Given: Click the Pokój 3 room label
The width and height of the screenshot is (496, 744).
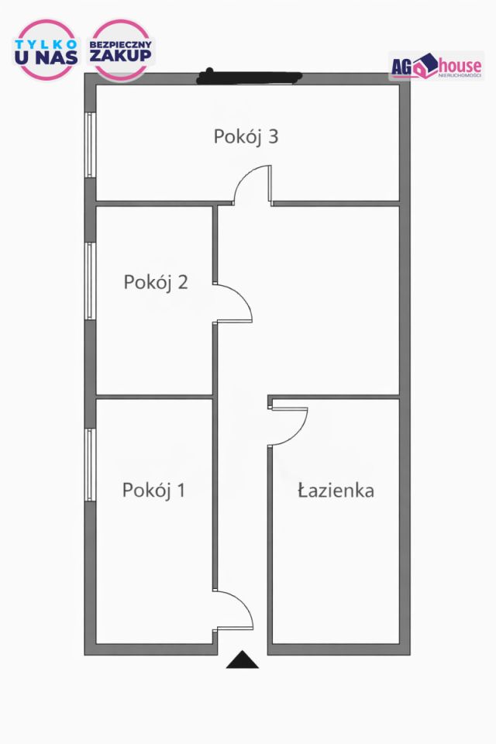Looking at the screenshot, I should tap(246, 137).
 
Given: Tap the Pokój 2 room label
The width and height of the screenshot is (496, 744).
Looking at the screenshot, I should tap(156, 282).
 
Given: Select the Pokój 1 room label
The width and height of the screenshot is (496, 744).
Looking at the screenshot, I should tap(153, 491).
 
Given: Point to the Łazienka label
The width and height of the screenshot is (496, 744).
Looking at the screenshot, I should tap(336, 491).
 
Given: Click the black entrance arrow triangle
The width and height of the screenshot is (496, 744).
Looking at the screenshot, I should tap(243, 660).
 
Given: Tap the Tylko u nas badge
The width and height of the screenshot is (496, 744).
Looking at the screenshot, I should tap(46, 48).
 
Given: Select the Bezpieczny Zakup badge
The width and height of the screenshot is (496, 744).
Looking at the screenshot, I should tap(122, 48).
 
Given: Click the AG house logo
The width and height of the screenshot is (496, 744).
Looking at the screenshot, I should tap(436, 65).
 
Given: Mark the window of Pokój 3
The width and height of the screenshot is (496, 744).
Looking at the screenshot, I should tap(91, 145).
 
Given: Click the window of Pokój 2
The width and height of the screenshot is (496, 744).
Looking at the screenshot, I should tap(91, 281).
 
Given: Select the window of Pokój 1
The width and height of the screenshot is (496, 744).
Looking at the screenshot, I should tap(91, 465).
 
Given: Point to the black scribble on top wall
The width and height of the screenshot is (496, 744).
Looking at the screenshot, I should tap(249, 76).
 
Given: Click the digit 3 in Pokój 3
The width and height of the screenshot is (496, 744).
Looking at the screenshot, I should tap(272, 137).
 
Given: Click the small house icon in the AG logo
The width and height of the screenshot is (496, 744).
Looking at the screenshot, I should tap(422, 68).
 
